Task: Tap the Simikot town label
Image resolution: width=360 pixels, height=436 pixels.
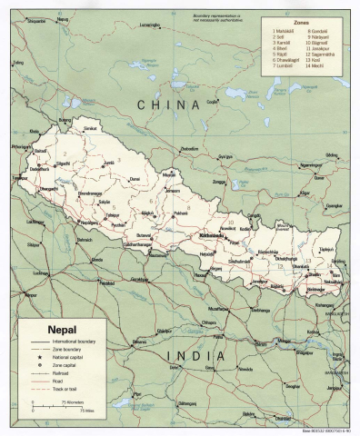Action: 90,130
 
